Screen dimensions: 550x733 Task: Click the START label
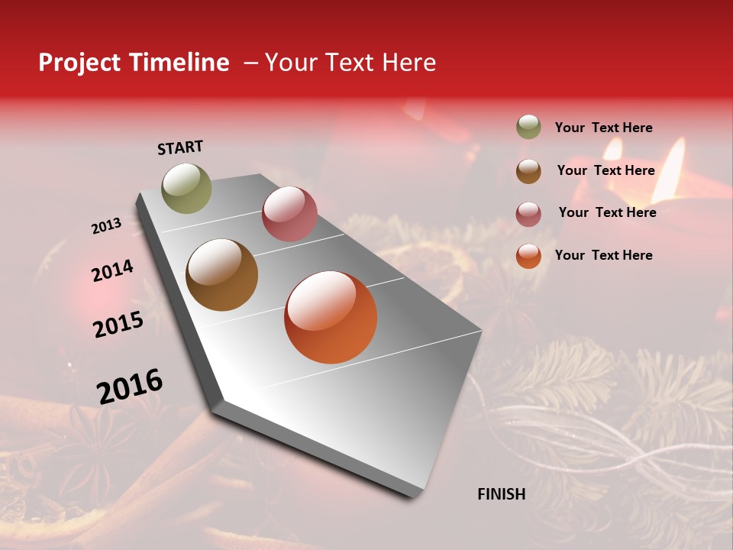click(x=180, y=147)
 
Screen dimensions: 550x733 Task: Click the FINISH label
click(x=501, y=494)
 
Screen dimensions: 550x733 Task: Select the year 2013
click(x=106, y=226)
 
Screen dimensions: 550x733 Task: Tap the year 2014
click(x=112, y=271)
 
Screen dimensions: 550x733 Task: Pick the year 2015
click(x=118, y=325)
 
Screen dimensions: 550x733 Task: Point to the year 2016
click(x=130, y=387)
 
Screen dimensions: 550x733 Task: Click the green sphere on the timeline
click(x=186, y=188)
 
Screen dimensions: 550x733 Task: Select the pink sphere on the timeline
click(x=289, y=214)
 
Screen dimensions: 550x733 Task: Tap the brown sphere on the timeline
click(x=221, y=275)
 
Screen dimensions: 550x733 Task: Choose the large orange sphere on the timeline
click(x=331, y=317)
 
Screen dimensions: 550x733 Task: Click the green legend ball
click(x=528, y=127)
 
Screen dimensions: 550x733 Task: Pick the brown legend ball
click(x=528, y=171)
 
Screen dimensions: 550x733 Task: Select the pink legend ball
click(x=528, y=214)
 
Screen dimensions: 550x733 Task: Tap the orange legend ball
click(x=528, y=256)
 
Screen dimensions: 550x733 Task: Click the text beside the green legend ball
click(x=603, y=128)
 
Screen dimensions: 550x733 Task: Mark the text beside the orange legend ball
click(x=603, y=255)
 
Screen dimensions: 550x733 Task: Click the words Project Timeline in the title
click(x=134, y=63)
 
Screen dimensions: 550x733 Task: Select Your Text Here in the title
click(x=350, y=63)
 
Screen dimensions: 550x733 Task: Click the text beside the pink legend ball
click(x=607, y=212)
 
